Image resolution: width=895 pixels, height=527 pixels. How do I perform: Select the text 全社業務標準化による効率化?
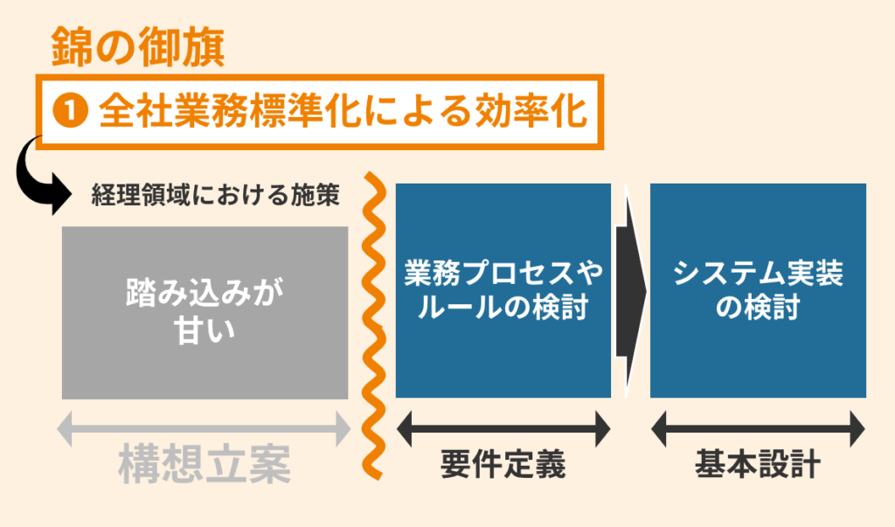[x=341, y=111]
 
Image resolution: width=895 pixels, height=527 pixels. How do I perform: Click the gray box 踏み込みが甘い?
[x=205, y=312]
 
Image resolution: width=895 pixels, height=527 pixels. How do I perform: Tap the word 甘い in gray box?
[x=205, y=333]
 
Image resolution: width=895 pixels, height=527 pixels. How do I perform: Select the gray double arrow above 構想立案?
[x=205, y=429]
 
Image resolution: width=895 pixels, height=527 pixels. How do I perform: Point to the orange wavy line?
[x=372, y=332]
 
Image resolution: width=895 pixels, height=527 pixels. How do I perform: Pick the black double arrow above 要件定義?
[x=503, y=429]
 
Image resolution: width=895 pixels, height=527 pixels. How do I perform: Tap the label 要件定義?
[x=503, y=465]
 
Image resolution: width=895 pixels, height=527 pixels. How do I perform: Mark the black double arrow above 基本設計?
[x=758, y=429]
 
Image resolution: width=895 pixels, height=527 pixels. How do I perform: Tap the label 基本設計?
[x=758, y=465]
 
